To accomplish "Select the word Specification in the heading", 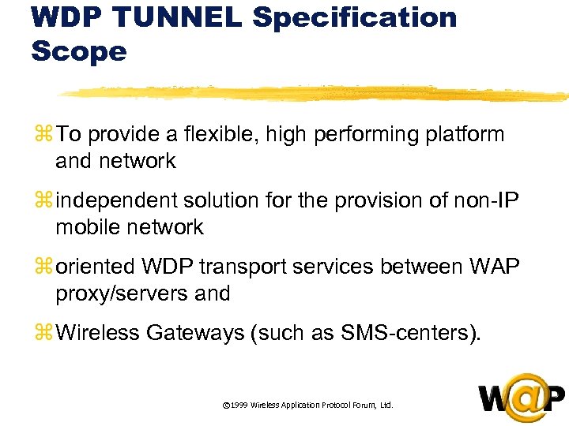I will pyautogui.click(x=354, y=17).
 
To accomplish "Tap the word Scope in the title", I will pyautogui.click(x=79, y=51).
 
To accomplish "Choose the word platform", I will pyautogui.click(x=465, y=135).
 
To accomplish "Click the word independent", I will pyautogui.click(x=114, y=200).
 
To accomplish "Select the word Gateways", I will pyautogui.click(x=192, y=334).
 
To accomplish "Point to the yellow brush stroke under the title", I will pyautogui.click(x=316, y=93).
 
